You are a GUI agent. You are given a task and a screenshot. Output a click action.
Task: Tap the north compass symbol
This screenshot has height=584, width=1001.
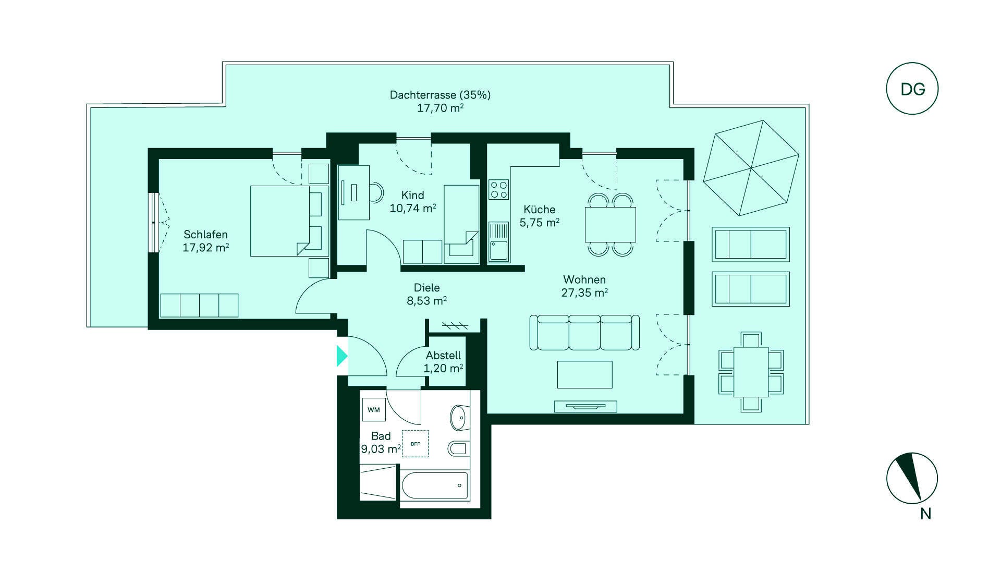tap(912, 478)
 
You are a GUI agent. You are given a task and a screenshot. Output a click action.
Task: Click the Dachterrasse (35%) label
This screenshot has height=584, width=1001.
tap(440, 95)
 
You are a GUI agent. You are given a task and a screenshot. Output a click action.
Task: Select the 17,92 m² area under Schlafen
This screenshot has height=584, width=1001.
tap(205, 248)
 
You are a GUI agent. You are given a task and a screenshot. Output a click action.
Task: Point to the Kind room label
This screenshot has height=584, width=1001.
tap(412, 195)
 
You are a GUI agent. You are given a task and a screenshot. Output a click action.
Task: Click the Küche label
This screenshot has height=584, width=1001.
tap(539, 209)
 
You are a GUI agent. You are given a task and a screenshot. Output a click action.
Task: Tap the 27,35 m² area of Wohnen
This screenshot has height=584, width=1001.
tap(584, 293)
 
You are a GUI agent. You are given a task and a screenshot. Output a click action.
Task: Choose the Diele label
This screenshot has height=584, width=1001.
tap(426, 287)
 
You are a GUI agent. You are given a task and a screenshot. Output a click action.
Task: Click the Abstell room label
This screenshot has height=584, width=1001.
tap(443, 355)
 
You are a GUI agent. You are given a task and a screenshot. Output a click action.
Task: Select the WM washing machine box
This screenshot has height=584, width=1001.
tap(373, 410)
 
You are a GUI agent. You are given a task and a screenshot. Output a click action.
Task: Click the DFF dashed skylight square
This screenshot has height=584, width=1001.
tap(416, 444)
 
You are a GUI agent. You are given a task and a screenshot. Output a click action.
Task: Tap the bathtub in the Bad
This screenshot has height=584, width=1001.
tap(435, 485)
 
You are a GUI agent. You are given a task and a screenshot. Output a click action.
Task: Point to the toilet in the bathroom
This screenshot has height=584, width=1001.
tap(458, 448)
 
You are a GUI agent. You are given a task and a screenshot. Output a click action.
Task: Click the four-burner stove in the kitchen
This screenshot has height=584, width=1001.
tap(499, 189)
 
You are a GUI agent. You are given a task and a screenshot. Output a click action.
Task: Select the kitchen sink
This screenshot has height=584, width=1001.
tap(499, 242)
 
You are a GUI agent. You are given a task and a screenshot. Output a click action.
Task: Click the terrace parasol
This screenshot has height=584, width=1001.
tap(751, 168)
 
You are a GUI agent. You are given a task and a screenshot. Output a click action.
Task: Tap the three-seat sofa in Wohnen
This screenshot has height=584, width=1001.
tap(584, 332)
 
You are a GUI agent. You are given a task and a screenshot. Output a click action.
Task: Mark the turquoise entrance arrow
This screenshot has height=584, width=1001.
tap(342, 356)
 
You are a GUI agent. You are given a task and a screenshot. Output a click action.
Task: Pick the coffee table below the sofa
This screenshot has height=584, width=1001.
tap(584, 374)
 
